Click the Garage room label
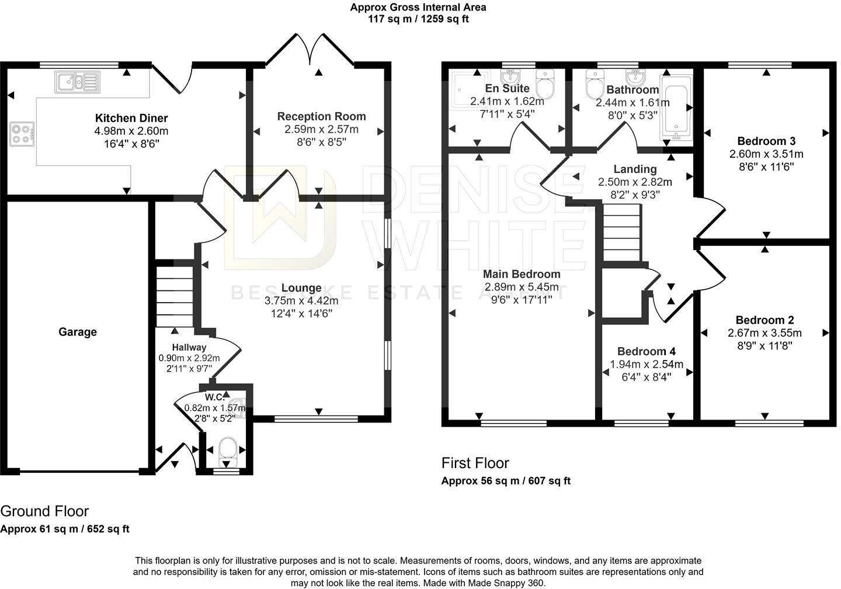[77, 332]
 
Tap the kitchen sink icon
[78, 82]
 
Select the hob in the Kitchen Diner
[22, 134]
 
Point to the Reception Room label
[321, 116]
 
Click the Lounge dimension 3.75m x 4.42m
[301, 300]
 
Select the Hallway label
[189, 348]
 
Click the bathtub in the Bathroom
[676, 108]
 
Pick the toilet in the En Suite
[545, 84]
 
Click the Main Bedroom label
[522, 274]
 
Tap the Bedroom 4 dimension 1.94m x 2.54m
[647, 365]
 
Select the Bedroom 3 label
[766, 141]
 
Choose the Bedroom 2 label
[765, 320]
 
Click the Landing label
[635, 169]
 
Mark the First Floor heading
[475, 463]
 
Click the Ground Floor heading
[44, 511]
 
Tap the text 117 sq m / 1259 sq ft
[418, 19]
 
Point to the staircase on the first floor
[622, 233]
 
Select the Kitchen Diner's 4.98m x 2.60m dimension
[131, 131]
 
